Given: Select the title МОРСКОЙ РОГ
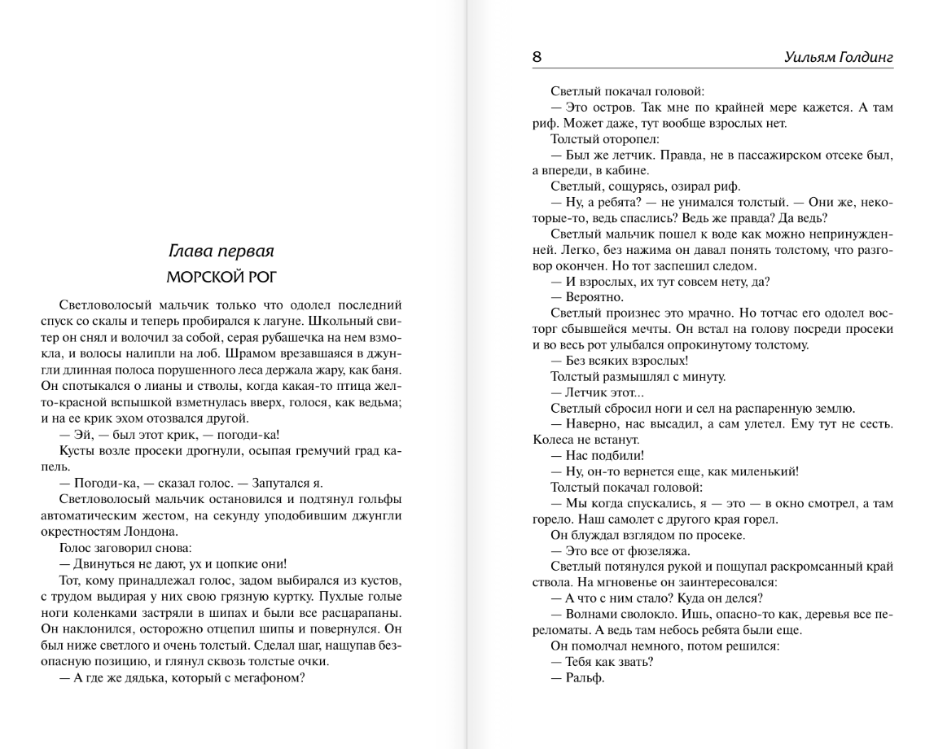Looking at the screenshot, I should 221,276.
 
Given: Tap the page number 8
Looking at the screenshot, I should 537,58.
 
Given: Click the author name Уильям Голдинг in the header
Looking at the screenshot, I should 839,58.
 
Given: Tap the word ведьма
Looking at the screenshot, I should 381,405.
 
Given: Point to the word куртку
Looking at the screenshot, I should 301,598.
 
